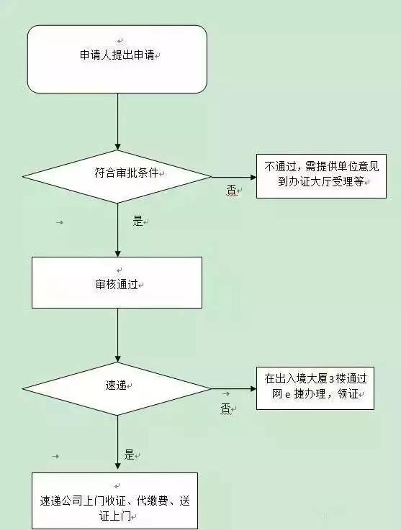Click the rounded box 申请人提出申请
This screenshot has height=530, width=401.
click(x=117, y=58)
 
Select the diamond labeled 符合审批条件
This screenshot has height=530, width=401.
click(x=117, y=175)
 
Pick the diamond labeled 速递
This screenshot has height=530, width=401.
click(x=117, y=388)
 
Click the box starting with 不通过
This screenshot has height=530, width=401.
click(x=315, y=175)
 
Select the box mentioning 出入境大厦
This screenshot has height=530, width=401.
click(x=315, y=388)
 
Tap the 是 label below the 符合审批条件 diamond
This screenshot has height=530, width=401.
click(x=138, y=221)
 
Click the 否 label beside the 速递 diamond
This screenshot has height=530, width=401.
click(x=225, y=408)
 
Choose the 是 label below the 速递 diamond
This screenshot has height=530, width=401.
click(x=130, y=454)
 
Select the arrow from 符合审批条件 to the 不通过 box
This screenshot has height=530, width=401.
click(x=234, y=175)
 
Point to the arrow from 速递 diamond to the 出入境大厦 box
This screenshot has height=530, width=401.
click(x=234, y=388)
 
